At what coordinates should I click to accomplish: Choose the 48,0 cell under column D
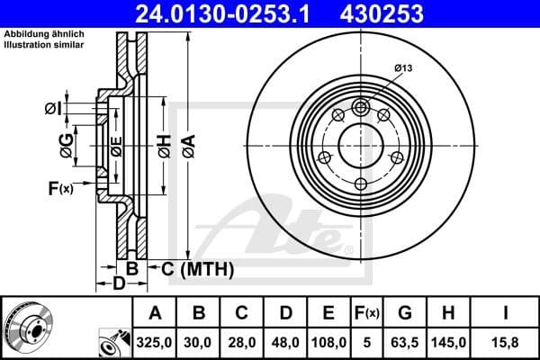click(286, 342)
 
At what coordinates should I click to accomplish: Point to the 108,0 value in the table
click(329, 342)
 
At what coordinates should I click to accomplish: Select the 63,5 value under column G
click(406, 342)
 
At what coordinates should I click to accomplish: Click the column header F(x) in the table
click(367, 313)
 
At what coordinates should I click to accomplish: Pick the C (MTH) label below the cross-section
click(197, 268)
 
